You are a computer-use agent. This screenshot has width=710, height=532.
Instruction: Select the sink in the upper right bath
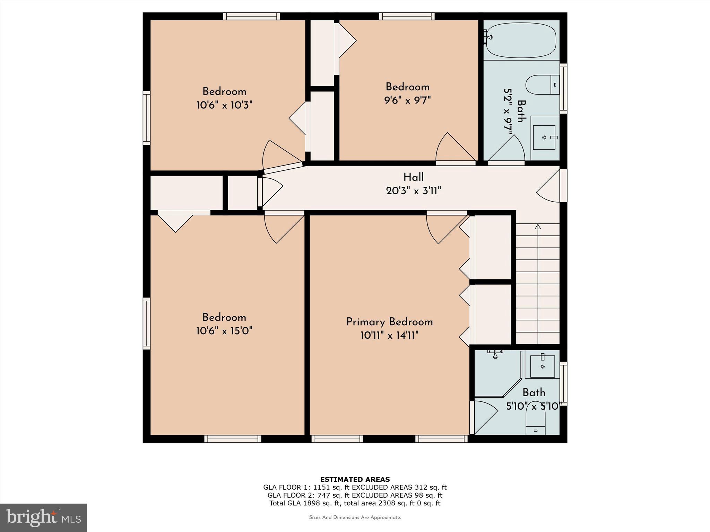(x=544, y=138)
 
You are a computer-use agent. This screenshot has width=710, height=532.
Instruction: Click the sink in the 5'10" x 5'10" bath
(x=543, y=366)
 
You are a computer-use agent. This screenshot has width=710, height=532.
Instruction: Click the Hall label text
(x=413, y=177)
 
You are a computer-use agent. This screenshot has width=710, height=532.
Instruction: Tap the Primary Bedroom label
(x=389, y=322)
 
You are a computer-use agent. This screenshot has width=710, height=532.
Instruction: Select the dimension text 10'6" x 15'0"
(x=224, y=331)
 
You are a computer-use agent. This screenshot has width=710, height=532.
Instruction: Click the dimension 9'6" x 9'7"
(x=407, y=100)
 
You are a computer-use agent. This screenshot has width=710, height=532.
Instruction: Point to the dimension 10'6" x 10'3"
(x=224, y=105)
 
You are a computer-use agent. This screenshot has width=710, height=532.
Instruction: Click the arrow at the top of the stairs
(x=538, y=227)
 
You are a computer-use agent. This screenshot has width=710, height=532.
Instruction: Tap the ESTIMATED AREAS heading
(x=355, y=480)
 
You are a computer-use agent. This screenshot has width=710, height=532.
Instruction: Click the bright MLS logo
(x=43, y=518)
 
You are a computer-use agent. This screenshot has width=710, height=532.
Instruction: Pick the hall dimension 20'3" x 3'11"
(x=413, y=191)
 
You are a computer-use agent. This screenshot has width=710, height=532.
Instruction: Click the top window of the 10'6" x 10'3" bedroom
(x=251, y=16)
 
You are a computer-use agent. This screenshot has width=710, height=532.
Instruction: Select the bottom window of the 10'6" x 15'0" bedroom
(x=233, y=439)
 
